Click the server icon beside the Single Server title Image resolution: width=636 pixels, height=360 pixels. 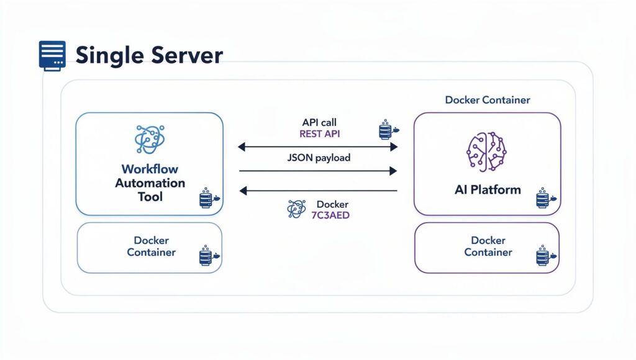click(52, 55)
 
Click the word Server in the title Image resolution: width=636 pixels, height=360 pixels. click(185, 55)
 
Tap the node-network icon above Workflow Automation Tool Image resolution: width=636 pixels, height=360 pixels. click(150, 139)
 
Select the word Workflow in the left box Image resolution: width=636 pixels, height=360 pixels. click(150, 169)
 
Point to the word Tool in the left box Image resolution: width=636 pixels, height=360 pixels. click(150, 197)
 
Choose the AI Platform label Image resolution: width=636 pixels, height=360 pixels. click(488, 190)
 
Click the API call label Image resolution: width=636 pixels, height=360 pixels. click(319, 122)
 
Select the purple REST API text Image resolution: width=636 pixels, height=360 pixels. click(319, 133)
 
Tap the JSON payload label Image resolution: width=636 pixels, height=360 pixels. click(319, 158)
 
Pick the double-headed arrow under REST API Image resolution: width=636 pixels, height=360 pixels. click(317, 147)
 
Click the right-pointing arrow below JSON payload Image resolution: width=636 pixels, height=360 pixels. click(317, 170)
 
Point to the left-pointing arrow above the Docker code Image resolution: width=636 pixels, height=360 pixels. click(317, 191)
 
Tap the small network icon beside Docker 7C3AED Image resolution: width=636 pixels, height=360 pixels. click(296, 209)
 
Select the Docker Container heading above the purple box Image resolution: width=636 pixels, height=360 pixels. click(488, 100)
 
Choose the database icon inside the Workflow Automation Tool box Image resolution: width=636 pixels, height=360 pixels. click(207, 199)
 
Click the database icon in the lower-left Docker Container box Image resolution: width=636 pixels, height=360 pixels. click(207, 256)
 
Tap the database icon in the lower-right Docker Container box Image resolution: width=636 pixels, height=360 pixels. click(544, 256)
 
